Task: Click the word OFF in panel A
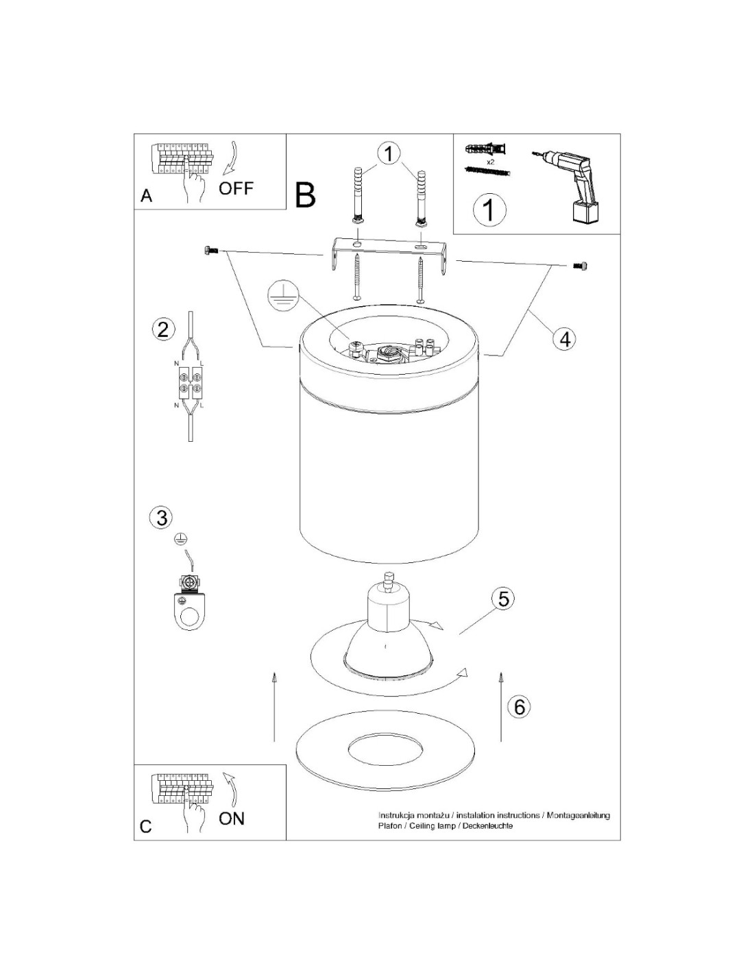pos(236,188)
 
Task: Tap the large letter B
pos(305,195)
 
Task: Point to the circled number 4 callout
pos(565,339)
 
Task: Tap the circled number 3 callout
pos(162,517)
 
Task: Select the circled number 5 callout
pos(503,599)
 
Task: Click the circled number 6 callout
pos(519,707)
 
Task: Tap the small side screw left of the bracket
pos(212,249)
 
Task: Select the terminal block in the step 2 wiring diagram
pos(191,383)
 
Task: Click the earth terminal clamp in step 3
pos(188,603)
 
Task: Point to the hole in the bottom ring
pos(386,749)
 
